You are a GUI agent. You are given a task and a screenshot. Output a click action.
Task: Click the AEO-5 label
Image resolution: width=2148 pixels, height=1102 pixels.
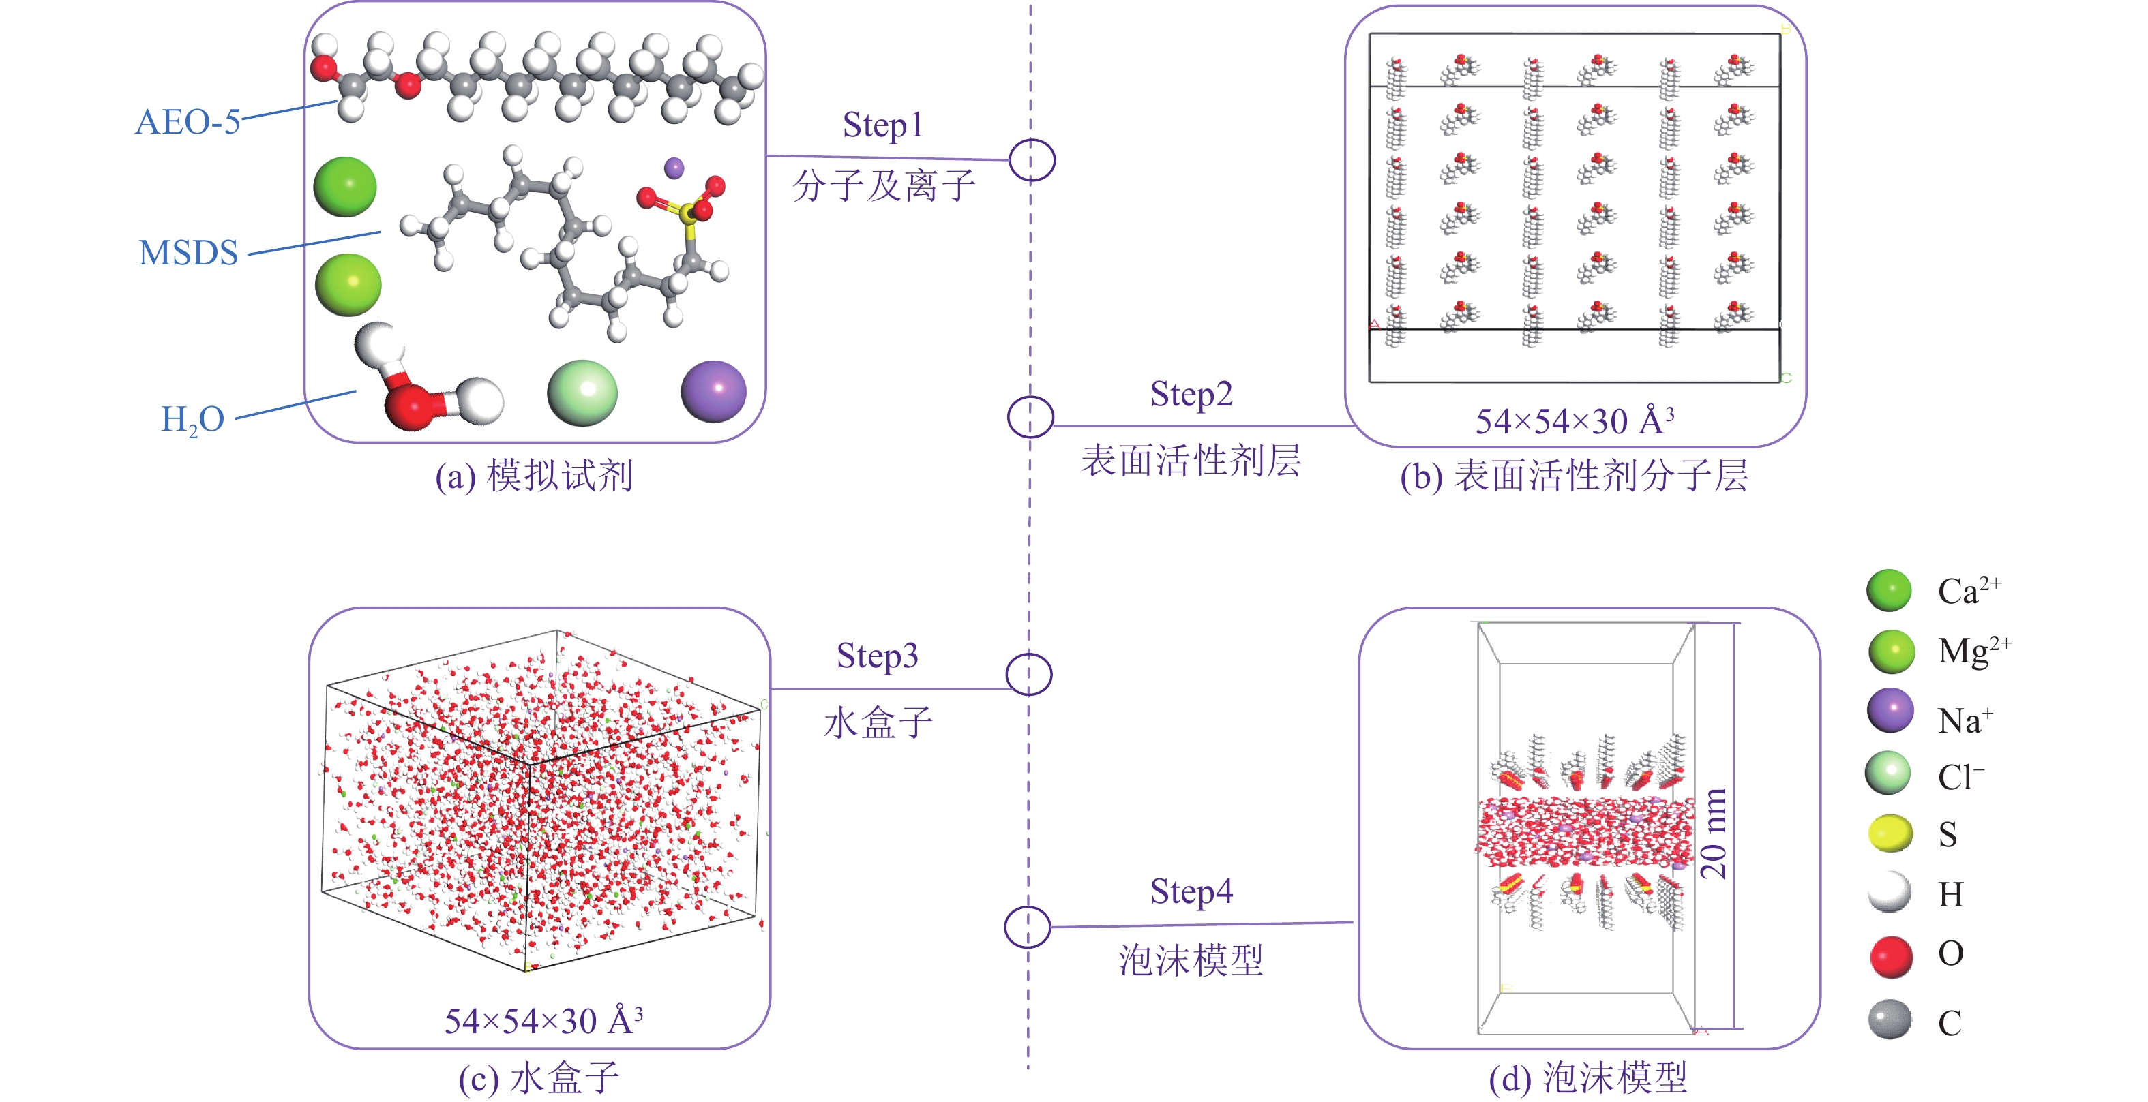(x=188, y=122)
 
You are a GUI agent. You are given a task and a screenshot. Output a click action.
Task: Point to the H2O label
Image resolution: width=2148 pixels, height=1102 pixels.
(x=192, y=419)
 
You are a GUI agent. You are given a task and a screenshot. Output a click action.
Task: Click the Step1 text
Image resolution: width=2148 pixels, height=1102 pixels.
(x=883, y=125)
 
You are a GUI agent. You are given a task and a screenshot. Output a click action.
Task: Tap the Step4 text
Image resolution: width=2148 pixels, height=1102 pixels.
(x=1191, y=892)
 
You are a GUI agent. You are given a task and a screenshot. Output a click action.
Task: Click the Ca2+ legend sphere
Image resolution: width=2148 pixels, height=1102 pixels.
(x=1890, y=591)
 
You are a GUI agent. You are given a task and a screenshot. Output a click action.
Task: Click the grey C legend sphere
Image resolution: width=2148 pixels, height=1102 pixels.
(x=1890, y=1020)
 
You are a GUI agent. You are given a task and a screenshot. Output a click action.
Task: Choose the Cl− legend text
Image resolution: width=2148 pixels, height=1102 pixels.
(x=1960, y=777)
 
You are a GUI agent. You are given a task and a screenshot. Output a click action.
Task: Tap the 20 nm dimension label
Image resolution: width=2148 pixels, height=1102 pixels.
(x=1713, y=833)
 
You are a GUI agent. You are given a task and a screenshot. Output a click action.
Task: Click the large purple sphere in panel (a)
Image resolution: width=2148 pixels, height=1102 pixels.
(x=713, y=391)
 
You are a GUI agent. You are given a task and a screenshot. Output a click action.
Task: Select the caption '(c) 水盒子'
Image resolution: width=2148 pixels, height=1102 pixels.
(x=539, y=1078)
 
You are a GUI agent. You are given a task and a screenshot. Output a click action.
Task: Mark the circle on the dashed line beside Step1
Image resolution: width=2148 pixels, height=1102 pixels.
(x=1032, y=160)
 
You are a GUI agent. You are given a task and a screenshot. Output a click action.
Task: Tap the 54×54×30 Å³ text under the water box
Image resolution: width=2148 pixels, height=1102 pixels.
(x=543, y=1020)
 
